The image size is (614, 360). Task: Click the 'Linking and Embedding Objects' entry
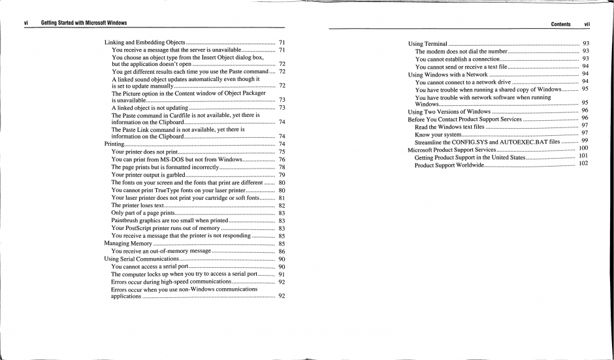[144, 42]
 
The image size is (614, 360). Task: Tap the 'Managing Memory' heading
[128, 243]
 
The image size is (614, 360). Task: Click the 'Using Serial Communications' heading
[142, 259]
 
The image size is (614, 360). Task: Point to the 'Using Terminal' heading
[427, 43]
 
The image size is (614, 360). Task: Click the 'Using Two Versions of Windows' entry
[449, 112]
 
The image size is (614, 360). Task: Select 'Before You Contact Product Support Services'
[464, 120]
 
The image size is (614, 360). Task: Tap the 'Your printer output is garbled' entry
[148, 174]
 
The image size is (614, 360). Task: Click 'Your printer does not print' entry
[144, 152]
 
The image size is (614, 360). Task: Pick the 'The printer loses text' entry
[137, 205]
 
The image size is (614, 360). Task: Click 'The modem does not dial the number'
[461, 51]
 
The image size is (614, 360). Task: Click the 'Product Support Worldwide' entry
[449, 165]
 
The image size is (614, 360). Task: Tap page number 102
[583, 163]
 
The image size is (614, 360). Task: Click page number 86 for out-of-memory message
[282, 251]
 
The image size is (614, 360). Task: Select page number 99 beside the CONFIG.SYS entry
[585, 140]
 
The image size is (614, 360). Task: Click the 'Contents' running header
[560, 24]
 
